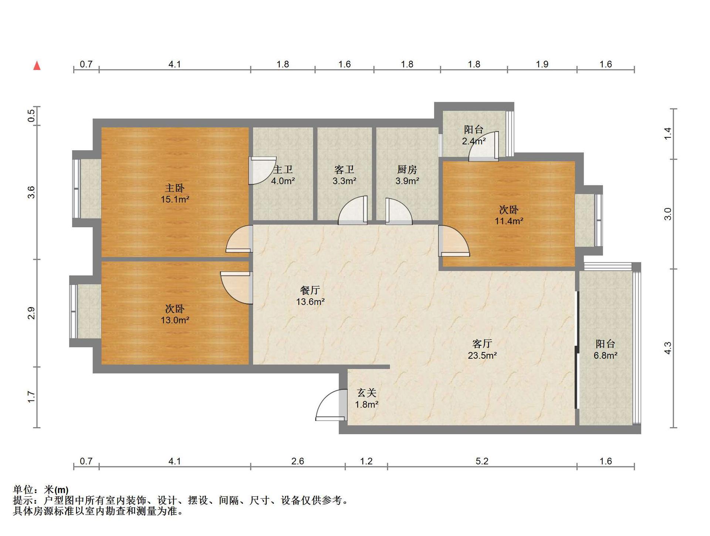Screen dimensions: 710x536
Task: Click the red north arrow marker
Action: [x=37, y=66]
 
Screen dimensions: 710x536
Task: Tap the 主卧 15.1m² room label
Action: [x=175, y=194]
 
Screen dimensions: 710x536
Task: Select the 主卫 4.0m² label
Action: [x=283, y=175]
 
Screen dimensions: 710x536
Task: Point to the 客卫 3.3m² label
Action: [x=344, y=175]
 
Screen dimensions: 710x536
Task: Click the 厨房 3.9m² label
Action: [x=407, y=175]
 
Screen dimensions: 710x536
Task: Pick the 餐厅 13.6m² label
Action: [x=310, y=296]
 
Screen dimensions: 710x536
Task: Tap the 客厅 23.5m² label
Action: [x=482, y=349]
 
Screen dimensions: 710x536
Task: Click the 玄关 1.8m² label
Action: [x=366, y=398]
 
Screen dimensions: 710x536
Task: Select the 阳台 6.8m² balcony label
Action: [x=605, y=349]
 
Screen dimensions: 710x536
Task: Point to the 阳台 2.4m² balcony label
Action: [x=474, y=135]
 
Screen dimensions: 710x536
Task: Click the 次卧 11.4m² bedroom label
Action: [x=509, y=215]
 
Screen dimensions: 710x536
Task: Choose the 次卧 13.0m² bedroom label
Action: [x=175, y=314]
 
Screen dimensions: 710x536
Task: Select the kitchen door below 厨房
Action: [x=399, y=211]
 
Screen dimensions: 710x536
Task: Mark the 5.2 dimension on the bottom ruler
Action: [x=482, y=461]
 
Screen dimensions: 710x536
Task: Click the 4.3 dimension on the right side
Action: [x=668, y=348]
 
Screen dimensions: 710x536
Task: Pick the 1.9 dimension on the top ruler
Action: [x=542, y=64]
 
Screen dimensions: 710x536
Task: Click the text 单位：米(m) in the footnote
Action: [x=41, y=490]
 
